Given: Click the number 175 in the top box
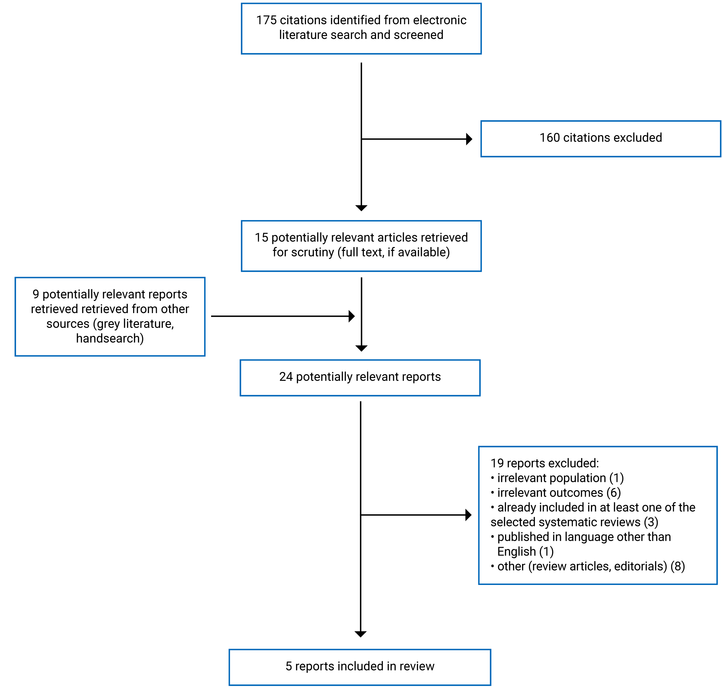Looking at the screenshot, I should (266, 20).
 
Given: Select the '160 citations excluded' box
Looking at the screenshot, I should (601, 139).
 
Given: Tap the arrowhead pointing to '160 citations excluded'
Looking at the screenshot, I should (469, 139).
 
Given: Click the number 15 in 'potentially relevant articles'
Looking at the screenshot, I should (262, 238).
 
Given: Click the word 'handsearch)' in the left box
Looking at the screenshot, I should (110, 338).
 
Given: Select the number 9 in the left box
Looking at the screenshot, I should (36, 294).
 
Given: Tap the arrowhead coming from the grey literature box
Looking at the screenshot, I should (352, 316).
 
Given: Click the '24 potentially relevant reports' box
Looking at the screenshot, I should (360, 378).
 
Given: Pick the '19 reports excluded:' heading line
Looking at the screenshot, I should (544, 463).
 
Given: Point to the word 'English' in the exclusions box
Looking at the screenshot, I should (516, 552).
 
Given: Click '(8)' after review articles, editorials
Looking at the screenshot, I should (678, 566).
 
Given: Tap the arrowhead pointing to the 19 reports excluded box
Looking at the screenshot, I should (468, 515).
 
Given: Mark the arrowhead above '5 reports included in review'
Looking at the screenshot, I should (361, 634).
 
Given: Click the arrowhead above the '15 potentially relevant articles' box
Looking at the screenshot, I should (361, 208).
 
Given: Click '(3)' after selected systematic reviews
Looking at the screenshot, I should (651, 522).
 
